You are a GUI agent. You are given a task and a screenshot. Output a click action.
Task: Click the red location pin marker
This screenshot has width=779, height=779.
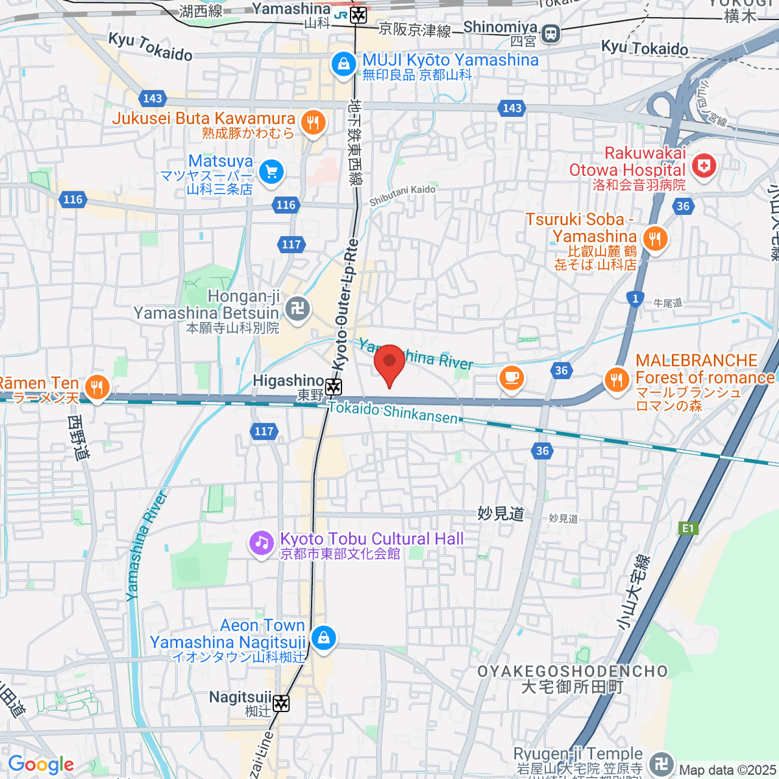(389, 364)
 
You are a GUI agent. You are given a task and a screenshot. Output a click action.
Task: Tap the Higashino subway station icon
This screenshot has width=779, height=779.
(334, 388)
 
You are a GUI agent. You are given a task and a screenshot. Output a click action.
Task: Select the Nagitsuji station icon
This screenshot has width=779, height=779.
(281, 703)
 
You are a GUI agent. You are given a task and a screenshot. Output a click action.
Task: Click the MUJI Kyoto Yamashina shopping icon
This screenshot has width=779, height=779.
(343, 64)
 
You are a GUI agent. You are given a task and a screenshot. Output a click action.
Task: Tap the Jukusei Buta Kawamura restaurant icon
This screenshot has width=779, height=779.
(313, 121)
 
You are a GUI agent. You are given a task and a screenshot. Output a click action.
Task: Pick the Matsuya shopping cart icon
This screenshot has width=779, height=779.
(271, 172)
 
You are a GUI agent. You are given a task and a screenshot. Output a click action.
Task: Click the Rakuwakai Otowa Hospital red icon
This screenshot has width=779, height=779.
(704, 166)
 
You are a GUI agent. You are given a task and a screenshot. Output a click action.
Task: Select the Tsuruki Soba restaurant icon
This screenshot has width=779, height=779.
(654, 240)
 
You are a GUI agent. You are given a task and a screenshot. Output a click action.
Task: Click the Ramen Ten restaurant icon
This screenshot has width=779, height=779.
(97, 388)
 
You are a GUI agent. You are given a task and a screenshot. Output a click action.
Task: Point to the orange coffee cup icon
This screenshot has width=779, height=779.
(512, 377)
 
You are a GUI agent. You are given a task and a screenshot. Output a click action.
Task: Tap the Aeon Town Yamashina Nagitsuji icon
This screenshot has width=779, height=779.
(323, 638)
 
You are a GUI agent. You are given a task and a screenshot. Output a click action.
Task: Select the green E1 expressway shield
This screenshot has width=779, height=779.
(687, 528)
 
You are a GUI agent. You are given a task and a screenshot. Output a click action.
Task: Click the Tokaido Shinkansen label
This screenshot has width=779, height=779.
(393, 412)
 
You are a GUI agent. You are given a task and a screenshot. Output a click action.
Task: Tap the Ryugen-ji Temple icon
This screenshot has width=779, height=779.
(662, 763)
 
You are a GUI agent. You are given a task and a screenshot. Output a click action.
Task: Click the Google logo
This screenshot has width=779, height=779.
(40, 765)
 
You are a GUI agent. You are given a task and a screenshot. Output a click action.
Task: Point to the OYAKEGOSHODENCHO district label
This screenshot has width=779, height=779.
(573, 671)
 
